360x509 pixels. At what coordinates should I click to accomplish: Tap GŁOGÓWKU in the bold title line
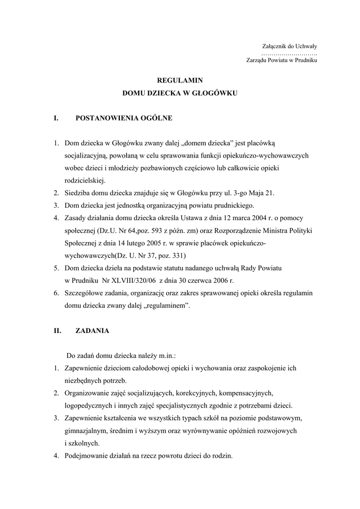[214, 93]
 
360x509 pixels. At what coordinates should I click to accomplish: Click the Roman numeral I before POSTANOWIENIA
[56, 118]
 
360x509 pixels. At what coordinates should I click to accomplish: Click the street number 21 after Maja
[270, 193]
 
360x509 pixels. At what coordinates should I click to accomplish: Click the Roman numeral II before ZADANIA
[57, 331]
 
